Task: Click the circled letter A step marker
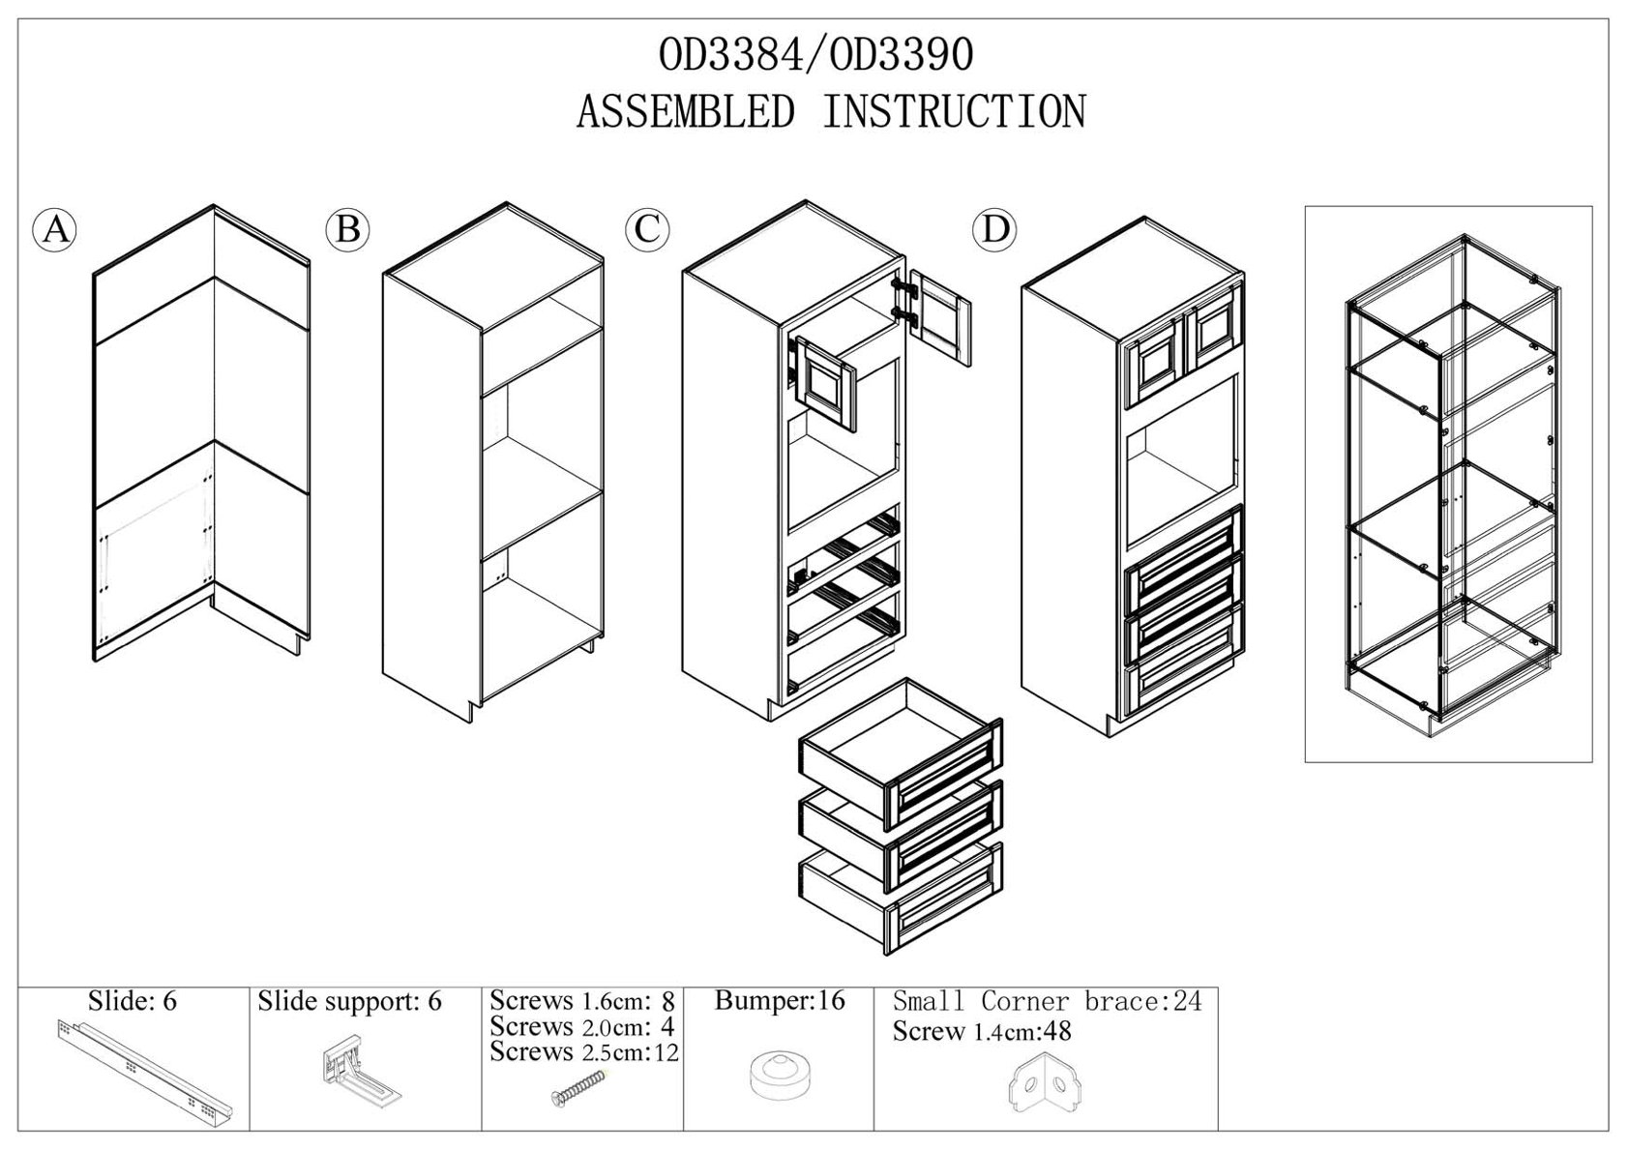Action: [x=55, y=230]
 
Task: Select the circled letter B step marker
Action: [x=348, y=230]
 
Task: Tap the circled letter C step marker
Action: [x=647, y=229]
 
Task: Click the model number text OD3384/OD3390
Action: [x=815, y=56]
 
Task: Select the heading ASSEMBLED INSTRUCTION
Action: [x=831, y=112]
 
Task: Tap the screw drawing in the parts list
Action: [x=580, y=1083]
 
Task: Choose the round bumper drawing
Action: [x=779, y=1077]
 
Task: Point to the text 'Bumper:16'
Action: [x=779, y=1001]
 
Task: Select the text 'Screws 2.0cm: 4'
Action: [x=581, y=1026]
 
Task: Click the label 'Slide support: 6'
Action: [x=349, y=1001]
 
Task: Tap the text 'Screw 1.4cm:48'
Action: [x=982, y=1031]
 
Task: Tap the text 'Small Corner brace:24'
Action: [x=1047, y=1001]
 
